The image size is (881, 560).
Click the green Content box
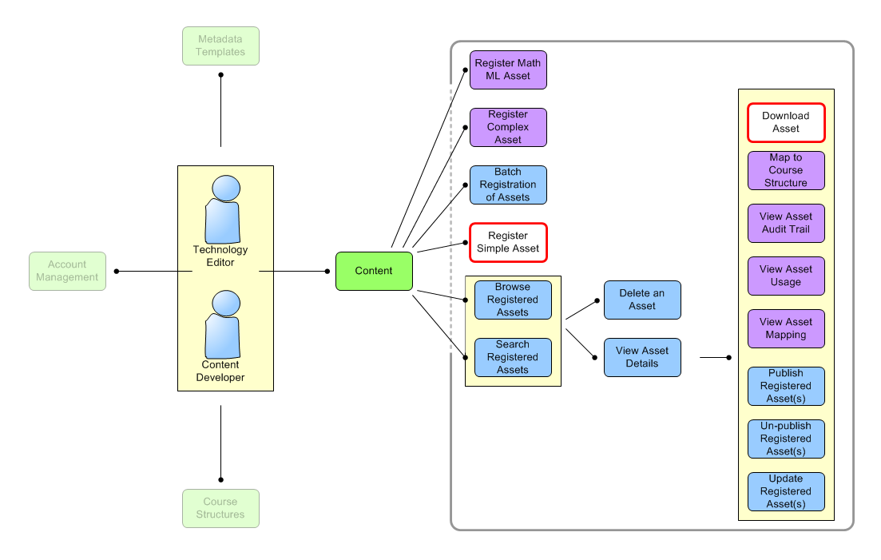[x=374, y=271]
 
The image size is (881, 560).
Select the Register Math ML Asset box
[x=508, y=70]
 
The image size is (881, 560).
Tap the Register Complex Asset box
[x=508, y=127]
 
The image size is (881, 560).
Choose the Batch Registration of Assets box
[x=508, y=185]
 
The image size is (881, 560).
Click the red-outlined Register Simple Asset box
[x=508, y=242]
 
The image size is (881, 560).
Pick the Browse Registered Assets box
[x=513, y=300]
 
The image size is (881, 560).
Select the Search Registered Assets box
[x=513, y=357]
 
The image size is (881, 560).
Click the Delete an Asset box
[x=642, y=300]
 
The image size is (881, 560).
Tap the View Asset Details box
[x=642, y=357]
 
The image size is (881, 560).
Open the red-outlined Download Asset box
[x=786, y=122]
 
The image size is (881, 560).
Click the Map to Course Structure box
[x=786, y=170]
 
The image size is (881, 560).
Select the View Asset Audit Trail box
[x=786, y=223]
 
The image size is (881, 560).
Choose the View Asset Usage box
[x=786, y=276]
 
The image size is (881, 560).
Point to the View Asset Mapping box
[x=786, y=328]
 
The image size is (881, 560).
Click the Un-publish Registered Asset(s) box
[x=786, y=439]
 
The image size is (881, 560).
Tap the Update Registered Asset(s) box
[x=786, y=491]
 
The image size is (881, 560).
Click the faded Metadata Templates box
[x=220, y=46]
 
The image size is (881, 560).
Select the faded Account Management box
[x=67, y=271]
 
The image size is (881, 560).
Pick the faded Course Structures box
[x=220, y=508]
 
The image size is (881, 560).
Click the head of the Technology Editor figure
[x=226, y=189]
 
